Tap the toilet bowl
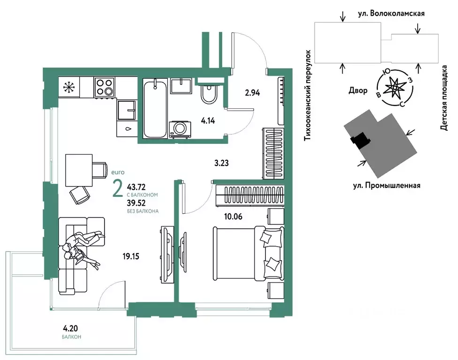coord(209,93)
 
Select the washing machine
coord(180,129)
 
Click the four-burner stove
coord(104,87)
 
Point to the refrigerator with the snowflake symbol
coord(69,87)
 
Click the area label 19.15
coord(131,257)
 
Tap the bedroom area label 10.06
coord(233,217)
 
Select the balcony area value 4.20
coord(70,329)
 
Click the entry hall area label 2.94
coord(252,93)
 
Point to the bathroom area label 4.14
coord(208,120)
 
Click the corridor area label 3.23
coord(221,163)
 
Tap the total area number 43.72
coord(136,187)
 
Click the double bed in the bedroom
coord(248,253)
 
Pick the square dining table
coord(79,170)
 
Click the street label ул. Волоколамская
coord(391,14)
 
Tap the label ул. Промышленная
coord(386,186)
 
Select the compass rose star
coord(395,88)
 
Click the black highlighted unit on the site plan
coord(360,138)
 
